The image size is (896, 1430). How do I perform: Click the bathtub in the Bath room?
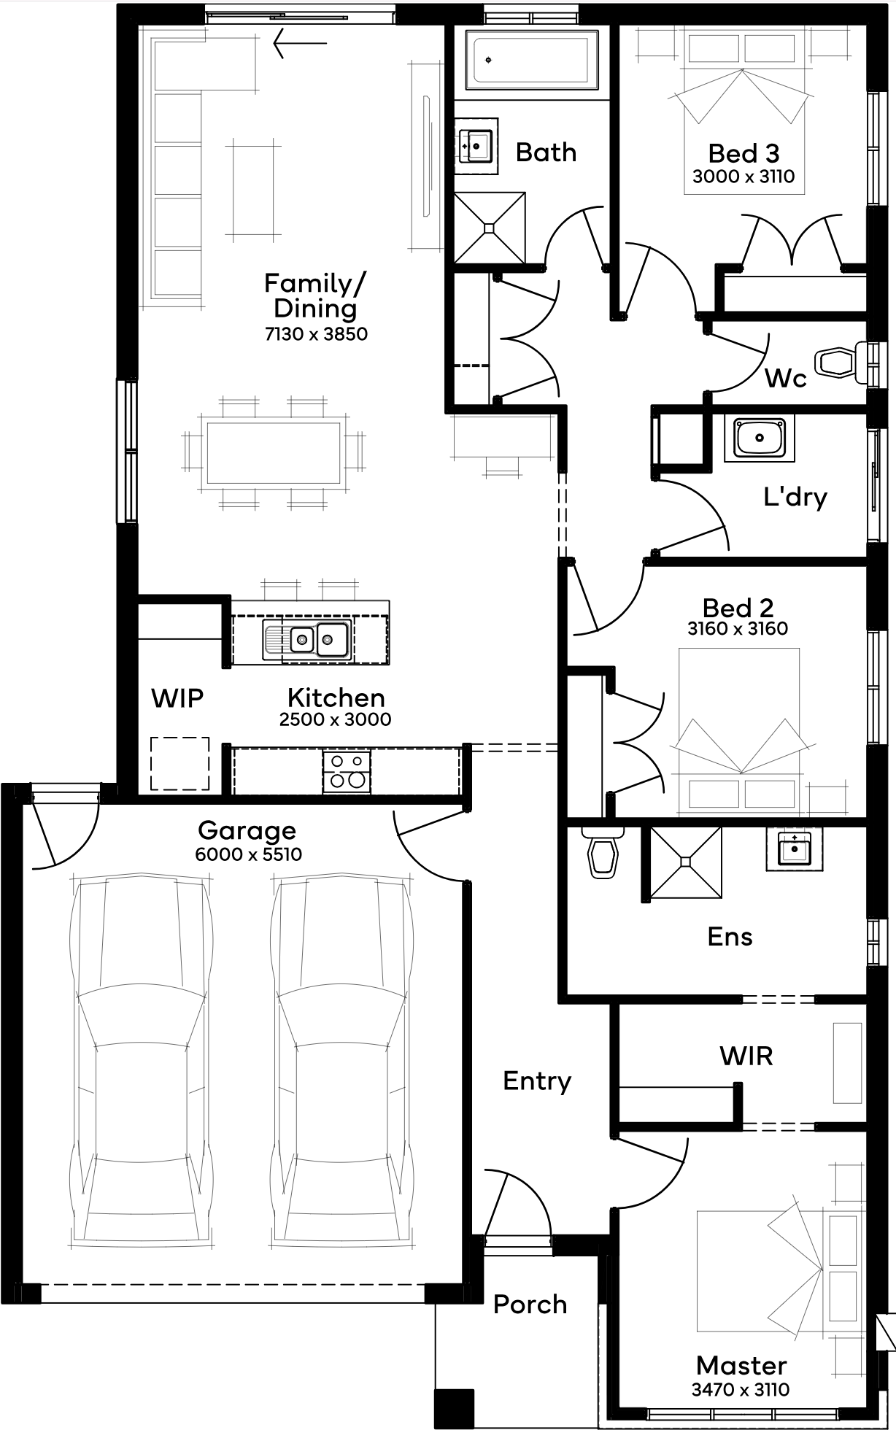(532, 59)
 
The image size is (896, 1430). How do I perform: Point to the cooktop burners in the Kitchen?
(347, 771)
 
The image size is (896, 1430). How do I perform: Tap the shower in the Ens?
(685, 862)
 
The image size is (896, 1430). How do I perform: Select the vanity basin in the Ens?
(794, 849)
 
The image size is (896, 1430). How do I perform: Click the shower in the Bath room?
(490, 228)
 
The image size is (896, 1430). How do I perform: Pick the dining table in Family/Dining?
(274, 453)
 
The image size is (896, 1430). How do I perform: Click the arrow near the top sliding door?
(300, 43)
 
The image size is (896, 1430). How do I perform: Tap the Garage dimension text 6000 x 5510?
(249, 854)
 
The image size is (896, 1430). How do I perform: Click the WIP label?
(177, 698)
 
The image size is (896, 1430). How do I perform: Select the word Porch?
(530, 1305)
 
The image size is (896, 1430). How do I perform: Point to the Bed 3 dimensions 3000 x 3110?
(744, 177)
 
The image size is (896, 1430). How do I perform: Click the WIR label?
(746, 1056)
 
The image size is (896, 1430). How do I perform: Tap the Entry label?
(537, 1081)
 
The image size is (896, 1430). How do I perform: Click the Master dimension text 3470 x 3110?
(741, 1390)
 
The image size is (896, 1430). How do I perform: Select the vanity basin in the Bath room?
(476, 146)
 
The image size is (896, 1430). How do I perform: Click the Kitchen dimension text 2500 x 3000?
(336, 719)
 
